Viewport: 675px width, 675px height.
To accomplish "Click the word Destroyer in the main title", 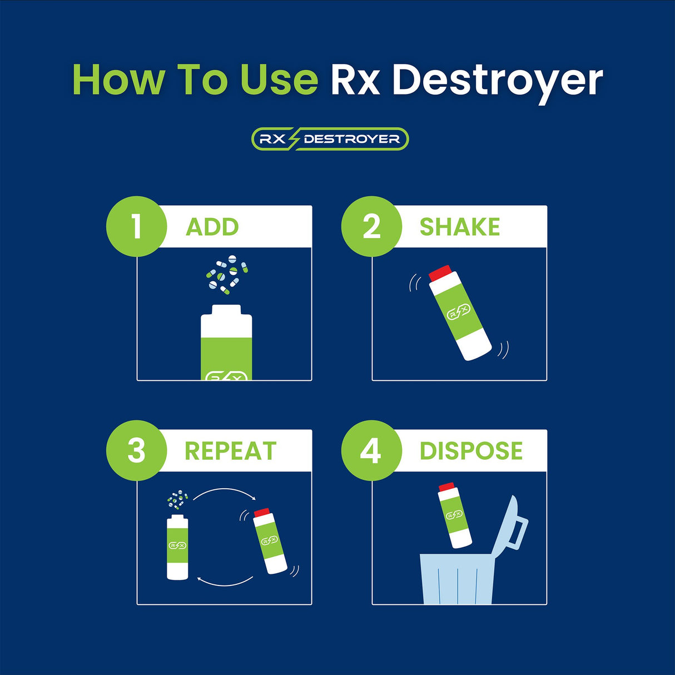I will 497,81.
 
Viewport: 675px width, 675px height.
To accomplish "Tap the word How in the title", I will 118,80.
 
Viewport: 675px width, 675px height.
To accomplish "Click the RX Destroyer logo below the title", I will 330,139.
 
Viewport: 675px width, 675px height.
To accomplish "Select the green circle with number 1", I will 137,226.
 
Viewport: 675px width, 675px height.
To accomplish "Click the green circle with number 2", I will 371,226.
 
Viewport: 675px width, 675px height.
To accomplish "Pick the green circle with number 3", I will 137,450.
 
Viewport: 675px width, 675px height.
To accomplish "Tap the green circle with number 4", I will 371,450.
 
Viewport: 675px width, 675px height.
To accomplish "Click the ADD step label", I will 212,227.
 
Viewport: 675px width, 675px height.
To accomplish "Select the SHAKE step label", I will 459,227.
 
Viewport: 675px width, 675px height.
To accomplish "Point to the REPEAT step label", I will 230,451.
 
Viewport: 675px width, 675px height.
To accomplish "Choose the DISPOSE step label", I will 471,451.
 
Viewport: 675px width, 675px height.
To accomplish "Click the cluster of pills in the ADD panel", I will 227,274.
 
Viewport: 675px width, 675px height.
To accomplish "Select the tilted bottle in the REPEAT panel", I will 270,540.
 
